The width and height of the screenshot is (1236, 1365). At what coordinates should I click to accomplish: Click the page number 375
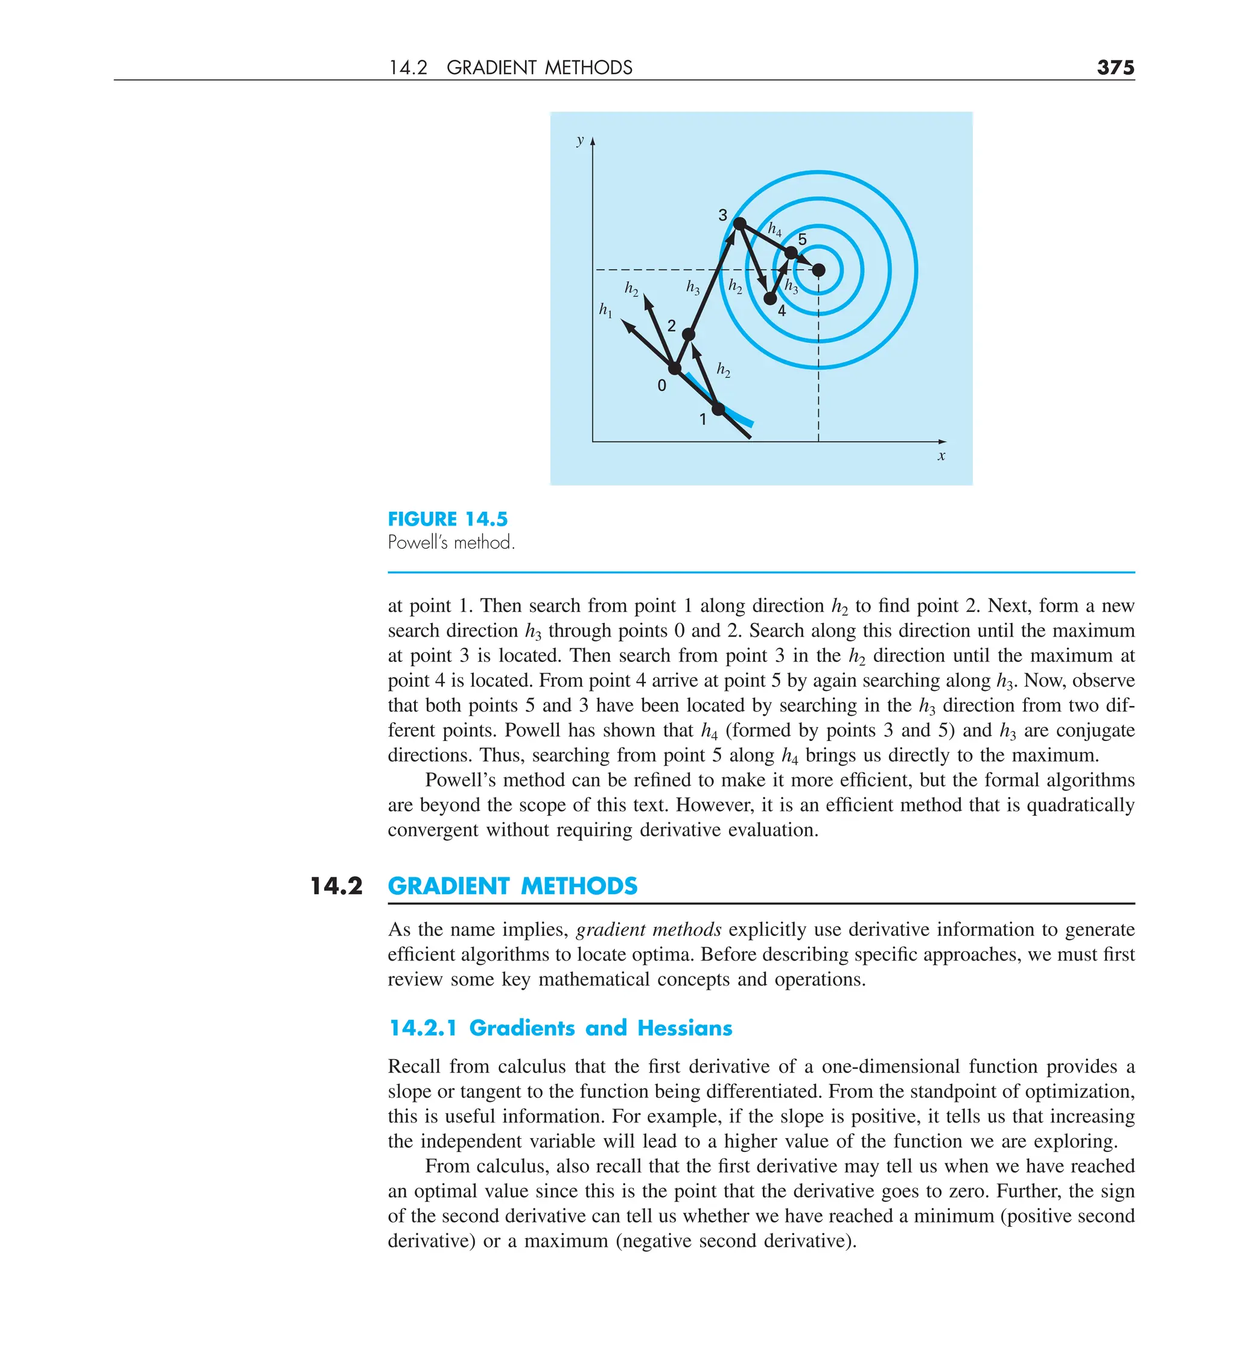(x=1115, y=67)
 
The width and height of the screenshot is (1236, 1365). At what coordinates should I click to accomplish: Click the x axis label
(x=941, y=456)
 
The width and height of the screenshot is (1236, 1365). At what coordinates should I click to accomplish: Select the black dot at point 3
(x=739, y=223)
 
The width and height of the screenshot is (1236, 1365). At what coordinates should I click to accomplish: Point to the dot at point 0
(x=675, y=368)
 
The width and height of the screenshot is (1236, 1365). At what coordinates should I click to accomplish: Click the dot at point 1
(x=719, y=409)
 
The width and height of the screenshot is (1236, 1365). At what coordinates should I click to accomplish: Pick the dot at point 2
(x=688, y=334)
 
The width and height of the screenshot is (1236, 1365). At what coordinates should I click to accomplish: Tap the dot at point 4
(x=769, y=298)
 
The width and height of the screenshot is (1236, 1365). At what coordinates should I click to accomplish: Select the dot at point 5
(x=791, y=253)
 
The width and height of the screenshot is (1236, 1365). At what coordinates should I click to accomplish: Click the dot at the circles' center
(x=818, y=270)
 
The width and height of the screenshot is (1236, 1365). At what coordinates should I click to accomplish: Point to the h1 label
(x=605, y=310)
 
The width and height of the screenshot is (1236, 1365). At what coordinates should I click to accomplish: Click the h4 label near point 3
(x=774, y=229)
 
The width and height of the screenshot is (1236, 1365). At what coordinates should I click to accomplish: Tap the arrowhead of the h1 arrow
(x=627, y=326)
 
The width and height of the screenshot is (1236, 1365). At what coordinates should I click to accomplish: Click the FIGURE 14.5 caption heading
(x=447, y=520)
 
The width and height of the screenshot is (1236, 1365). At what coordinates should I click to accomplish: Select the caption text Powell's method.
(x=451, y=542)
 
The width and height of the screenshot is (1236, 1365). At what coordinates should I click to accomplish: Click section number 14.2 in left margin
(x=336, y=886)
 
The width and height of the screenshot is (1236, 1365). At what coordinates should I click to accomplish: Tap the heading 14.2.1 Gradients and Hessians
(x=560, y=1028)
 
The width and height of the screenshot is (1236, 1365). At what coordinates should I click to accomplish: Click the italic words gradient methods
(x=648, y=930)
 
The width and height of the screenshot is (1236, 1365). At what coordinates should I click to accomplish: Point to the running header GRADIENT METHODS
(x=539, y=68)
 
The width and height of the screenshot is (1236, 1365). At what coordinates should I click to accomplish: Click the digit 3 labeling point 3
(x=722, y=215)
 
